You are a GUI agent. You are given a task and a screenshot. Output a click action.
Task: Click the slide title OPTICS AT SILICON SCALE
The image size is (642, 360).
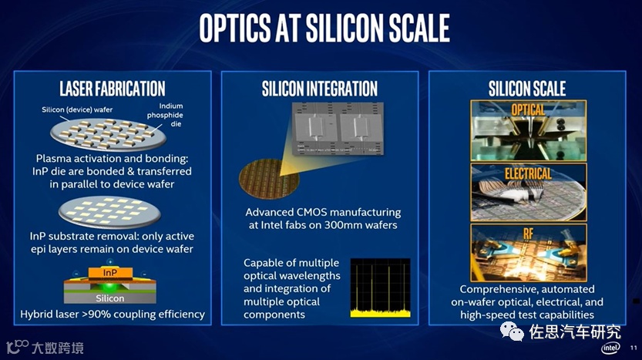point(324,28)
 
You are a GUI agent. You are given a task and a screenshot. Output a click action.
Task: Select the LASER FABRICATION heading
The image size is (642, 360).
point(113,89)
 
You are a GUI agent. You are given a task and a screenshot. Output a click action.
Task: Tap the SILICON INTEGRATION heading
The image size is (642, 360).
point(320,89)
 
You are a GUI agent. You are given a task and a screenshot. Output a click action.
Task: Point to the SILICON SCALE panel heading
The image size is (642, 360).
point(527,89)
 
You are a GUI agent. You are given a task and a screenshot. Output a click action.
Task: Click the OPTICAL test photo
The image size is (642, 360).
point(528,130)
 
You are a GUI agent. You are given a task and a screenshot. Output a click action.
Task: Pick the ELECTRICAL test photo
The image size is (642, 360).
point(528,193)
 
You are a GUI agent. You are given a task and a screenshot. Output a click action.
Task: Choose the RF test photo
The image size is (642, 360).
point(528,253)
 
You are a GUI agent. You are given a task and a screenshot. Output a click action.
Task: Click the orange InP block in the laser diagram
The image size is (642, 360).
point(110,273)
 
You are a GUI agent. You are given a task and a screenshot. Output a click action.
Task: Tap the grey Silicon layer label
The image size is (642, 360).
point(109,298)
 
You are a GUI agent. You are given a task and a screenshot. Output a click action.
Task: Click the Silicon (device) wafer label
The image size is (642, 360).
point(77,109)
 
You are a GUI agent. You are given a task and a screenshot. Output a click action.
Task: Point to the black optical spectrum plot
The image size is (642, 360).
point(381,288)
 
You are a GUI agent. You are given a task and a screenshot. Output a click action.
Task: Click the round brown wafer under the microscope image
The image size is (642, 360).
point(269,179)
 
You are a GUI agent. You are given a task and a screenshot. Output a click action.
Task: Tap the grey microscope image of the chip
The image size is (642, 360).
point(338,129)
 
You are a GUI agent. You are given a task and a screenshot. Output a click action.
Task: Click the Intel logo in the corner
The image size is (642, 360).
point(610,348)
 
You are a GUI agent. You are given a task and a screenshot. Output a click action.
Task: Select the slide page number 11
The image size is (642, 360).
point(634,348)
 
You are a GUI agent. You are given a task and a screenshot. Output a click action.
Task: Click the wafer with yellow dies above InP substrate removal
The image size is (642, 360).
point(109,212)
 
